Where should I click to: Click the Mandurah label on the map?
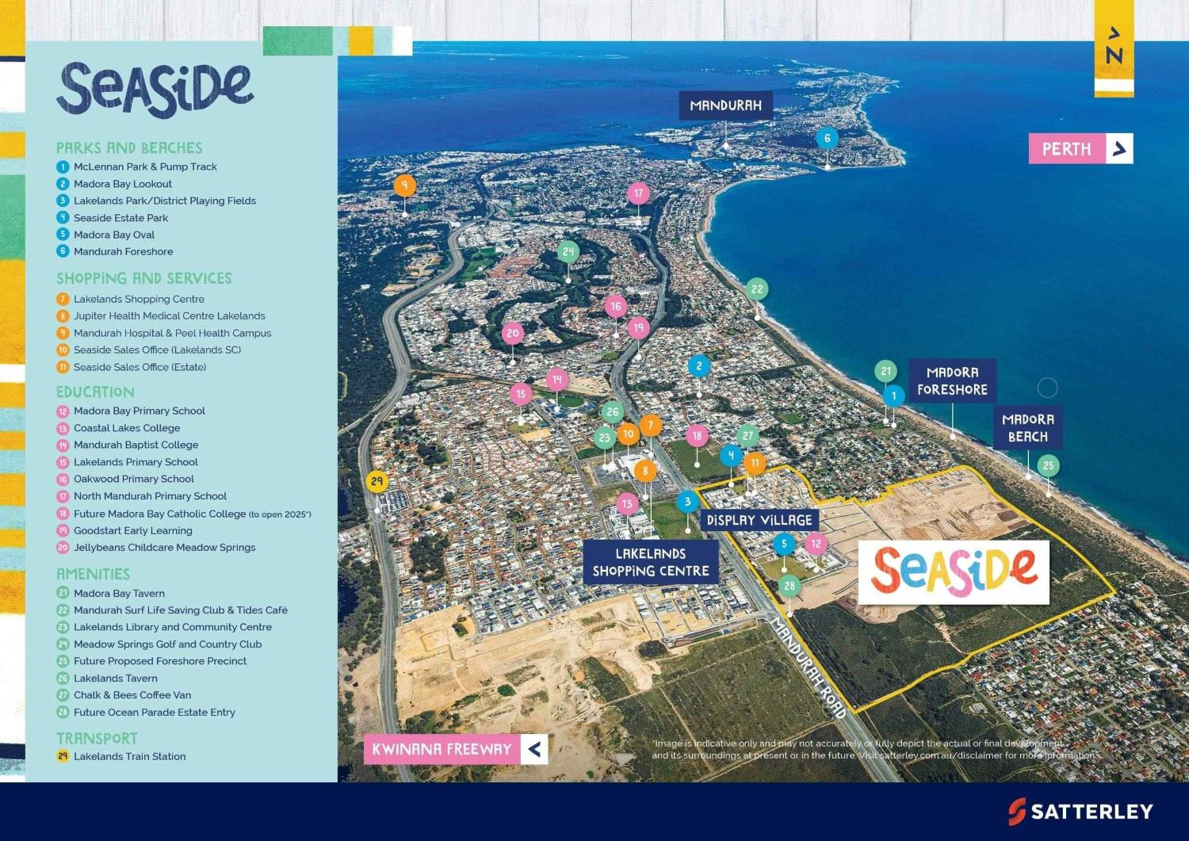(725, 105)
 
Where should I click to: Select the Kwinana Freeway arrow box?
(534, 749)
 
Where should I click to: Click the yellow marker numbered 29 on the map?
(377, 481)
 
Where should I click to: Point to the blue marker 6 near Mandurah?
(827, 138)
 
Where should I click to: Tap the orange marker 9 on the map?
(404, 185)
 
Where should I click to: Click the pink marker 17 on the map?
(638, 193)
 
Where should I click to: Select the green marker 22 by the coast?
(756, 289)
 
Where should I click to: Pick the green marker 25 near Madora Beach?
(1048, 465)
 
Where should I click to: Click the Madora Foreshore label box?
(952, 381)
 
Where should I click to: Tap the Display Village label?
(759, 521)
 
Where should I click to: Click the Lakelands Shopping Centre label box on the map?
(651, 562)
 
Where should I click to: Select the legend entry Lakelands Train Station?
(129, 756)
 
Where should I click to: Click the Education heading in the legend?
(95, 392)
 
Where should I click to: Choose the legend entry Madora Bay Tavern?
(119, 593)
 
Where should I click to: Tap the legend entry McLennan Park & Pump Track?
(145, 166)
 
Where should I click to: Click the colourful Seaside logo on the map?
(954, 571)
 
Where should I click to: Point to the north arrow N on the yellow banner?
(1114, 48)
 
